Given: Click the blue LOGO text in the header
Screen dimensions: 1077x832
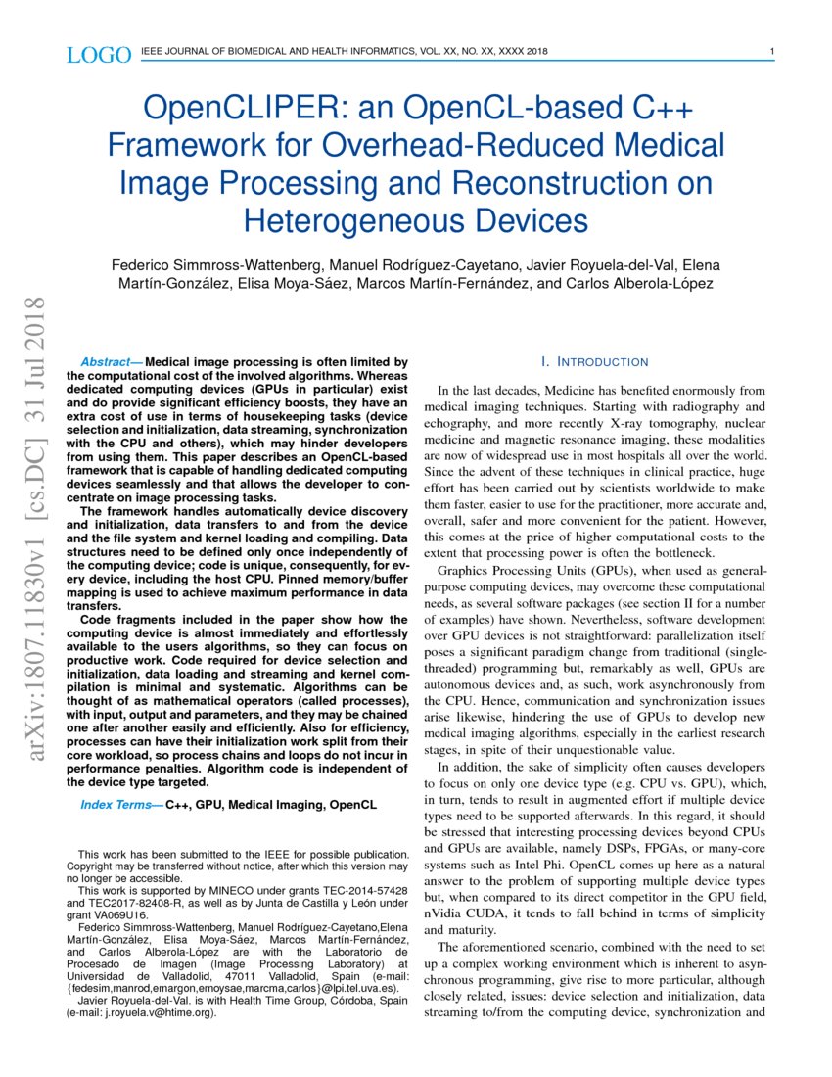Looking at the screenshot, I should point(98,55).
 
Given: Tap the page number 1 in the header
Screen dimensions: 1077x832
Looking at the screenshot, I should point(772,52).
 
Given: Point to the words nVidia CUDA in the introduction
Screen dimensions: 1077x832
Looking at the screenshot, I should point(465,913).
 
